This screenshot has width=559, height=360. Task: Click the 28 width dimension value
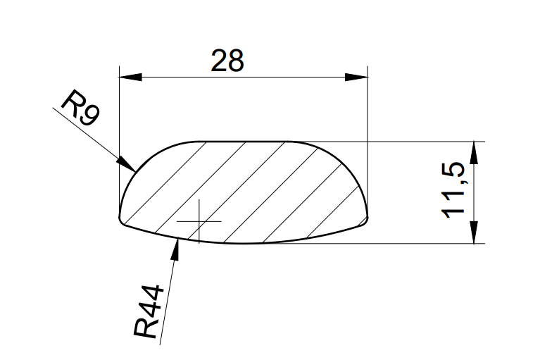pos(227,61)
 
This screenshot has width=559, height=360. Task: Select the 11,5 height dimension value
pos(453,190)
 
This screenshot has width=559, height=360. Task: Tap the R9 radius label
pos(80,108)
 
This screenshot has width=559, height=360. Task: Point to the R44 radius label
pos(149,311)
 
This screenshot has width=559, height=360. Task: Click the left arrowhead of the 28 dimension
pos(130,77)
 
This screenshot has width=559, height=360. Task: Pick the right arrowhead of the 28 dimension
pos(356,77)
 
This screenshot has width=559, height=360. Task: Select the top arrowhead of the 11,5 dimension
pos(474,153)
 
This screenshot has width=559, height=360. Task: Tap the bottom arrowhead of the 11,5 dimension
pos(474,232)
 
